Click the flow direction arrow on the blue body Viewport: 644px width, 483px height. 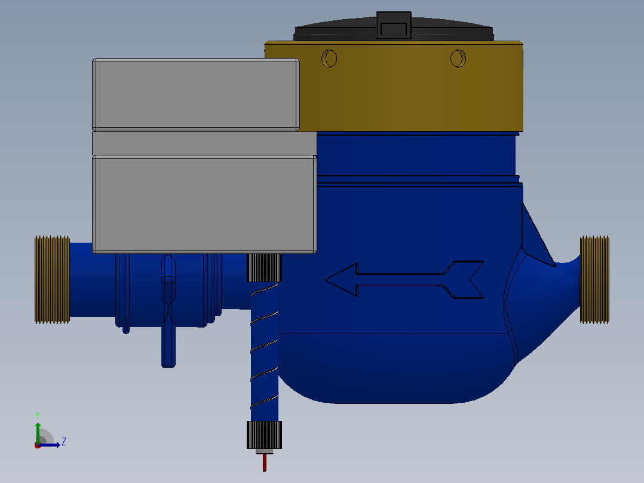coord(404,280)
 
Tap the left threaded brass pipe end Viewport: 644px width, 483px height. coord(52,280)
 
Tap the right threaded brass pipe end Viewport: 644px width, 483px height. coord(594,280)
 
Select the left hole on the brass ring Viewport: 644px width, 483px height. coord(329,59)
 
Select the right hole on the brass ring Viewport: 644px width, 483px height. coord(458,59)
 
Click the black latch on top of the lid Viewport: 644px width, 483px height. coord(394,26)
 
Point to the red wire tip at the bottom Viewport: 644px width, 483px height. coord(265,463)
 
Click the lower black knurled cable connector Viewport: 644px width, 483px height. coord(264,435)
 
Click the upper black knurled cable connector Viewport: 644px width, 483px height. coord(264,268)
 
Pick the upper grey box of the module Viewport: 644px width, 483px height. coord(196,94)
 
